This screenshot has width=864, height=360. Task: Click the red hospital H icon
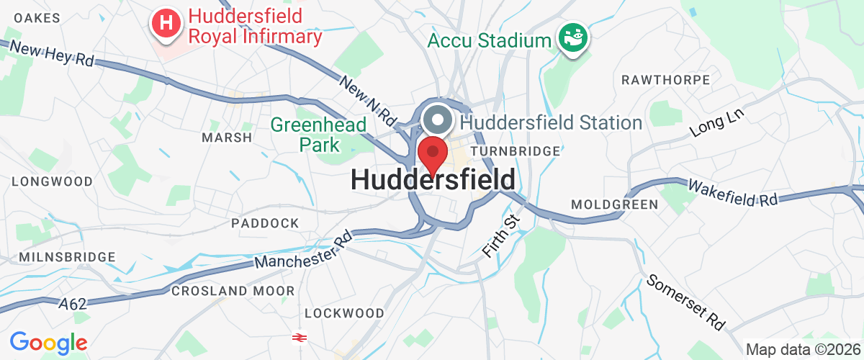[x=166, y=24]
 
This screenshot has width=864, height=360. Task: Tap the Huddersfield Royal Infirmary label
[x=255, y=26]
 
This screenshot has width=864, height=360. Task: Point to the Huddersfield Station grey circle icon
[x=437, y=120]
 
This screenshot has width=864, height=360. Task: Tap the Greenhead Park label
[x=319, y=135]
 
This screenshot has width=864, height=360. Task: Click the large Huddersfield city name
[x=433, y=180]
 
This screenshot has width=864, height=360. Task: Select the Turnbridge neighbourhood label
[x=515, y=151]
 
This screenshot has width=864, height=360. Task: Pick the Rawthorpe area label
[x=665, y=80]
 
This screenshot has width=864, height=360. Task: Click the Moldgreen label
[x=614, y=204]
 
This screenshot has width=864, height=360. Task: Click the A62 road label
[x=73, y=304]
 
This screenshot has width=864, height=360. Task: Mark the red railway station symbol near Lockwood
[x=297, y=336]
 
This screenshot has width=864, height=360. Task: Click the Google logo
[x=48, y=343]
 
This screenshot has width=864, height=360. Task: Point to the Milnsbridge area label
[x=68, y=257]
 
